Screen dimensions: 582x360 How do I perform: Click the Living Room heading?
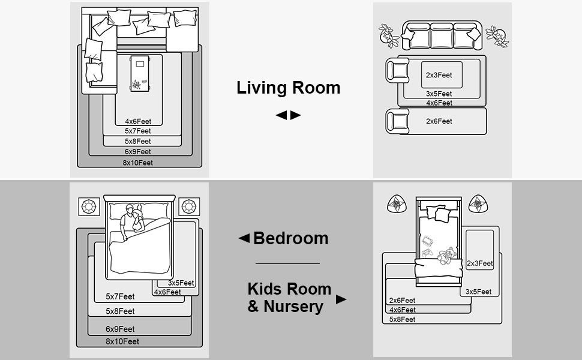pyautogui.click(x=289, y=88)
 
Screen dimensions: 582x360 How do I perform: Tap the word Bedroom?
pyautogui.click(x=290, y=238)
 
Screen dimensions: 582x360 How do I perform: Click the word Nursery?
pyautogui.click(x=293, y=307)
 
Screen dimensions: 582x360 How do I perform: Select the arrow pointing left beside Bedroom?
pyautogui.click(x=244, y=238)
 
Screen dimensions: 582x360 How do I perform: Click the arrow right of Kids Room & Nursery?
pyautogui.click(x=341, y=299)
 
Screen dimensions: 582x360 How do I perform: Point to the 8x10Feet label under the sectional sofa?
pyautogui.click(x=138, y=163)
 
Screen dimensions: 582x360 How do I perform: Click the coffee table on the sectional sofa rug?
pyautogui.click(x=140, y=73)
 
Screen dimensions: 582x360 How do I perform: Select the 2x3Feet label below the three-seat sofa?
pyautogui.click(x=439, y=75)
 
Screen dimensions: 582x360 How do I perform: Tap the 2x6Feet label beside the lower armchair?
pyautogui.click(x=439, y=121)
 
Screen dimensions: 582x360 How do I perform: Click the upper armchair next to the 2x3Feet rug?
pyautogui.click(x=397, y=70)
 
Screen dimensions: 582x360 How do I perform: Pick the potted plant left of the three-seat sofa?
pyautogui.click(x=388, y=36)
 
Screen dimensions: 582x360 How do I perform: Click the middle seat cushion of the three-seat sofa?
pyautogui.click(x=442, y=36)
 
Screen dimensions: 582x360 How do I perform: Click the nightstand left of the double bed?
pyautogui.click(x=89, y=206)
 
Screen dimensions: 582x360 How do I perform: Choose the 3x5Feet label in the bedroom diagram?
pyautogui.click(x=181, y=283)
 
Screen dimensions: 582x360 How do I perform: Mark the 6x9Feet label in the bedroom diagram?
pyautogui.click(x=120, y=329)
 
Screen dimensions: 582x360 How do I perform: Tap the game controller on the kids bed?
pyautogui.click(x=427, y=253)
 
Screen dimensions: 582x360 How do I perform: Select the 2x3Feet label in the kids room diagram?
pyautogui.click(x=479, y=263)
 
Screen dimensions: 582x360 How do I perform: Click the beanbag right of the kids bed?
pyautogui.click(x=478, y=204)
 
